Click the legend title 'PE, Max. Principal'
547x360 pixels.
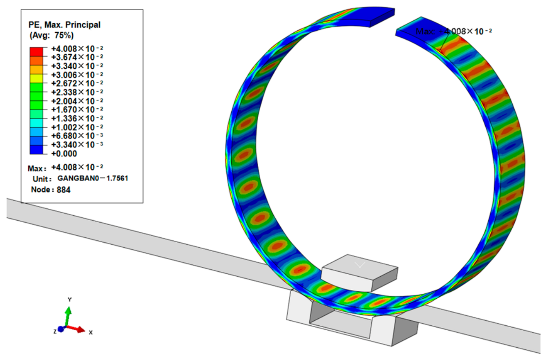(x=65, y=25)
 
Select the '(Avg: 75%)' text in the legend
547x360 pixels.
(x=51, y=36)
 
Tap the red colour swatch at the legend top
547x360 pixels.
(x=36, y=51)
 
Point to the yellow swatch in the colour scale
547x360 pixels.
(x=36, y=78)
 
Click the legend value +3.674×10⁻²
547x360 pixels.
(x=77, y=57)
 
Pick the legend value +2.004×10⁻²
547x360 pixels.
(x=77, y=101)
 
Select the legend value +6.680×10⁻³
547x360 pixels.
(x=77, y=136)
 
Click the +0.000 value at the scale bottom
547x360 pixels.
(x=64, y=154)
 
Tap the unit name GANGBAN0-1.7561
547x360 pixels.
(x=93, y=178)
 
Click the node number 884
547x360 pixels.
(x=63, y=190)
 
